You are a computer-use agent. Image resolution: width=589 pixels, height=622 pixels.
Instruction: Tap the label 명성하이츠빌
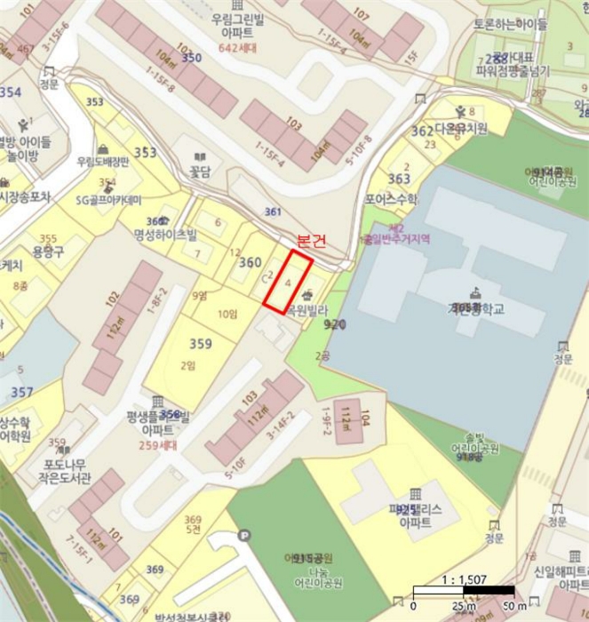click(x=165, y=235)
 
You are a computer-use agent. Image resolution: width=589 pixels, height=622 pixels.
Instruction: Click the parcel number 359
click(x=201, y=342)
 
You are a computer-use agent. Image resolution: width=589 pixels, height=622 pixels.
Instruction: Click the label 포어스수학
click(x=391, y=200)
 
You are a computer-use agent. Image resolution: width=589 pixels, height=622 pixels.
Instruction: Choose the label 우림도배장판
click(x=102, y=162)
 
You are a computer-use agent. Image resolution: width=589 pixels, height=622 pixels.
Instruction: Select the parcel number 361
click(x=273, y=211)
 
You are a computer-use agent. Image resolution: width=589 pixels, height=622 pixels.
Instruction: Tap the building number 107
click(x=361, y=14)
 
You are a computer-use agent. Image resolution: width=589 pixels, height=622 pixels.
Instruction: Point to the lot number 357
click(x=22, y=392)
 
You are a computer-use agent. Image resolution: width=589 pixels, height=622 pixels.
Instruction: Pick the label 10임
click(x=228, y=314)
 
